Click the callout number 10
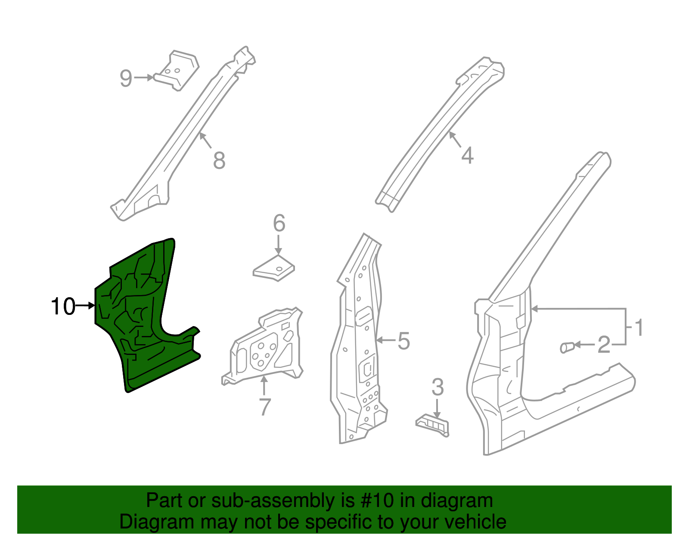(63, 307)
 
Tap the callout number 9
(126, 78)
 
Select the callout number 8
(220, 160)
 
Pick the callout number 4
(467, 155)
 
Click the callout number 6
(279, 223)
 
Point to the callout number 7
(265, 407)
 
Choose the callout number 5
(403, 341)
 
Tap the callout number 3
(438, 387)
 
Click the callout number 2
(604, 345)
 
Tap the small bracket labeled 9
(176, 70)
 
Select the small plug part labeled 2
(567, 348)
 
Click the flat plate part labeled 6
(274, 268)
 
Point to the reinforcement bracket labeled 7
(263, 345)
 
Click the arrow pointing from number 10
(85, 306)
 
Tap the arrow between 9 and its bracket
(144, 78)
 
